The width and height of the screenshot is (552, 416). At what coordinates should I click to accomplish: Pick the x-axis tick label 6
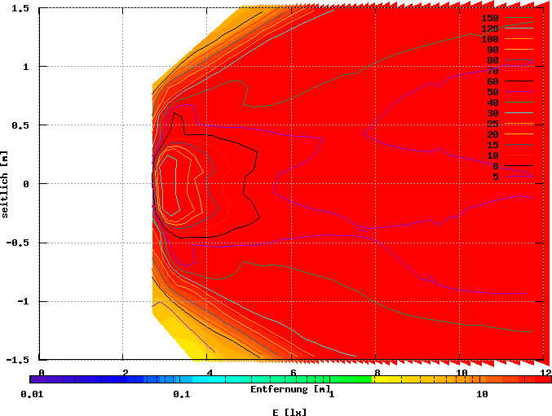(293, 373)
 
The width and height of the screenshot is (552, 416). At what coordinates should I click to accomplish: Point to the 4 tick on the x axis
(210, 373)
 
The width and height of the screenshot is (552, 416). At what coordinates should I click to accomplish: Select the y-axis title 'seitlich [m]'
(6, 184)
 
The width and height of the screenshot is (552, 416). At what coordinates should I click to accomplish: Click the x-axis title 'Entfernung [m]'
(290, 389)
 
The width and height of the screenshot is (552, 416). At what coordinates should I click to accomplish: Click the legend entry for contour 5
(495, 177)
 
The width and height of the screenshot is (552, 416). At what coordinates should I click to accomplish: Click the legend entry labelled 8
(495, 166)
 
